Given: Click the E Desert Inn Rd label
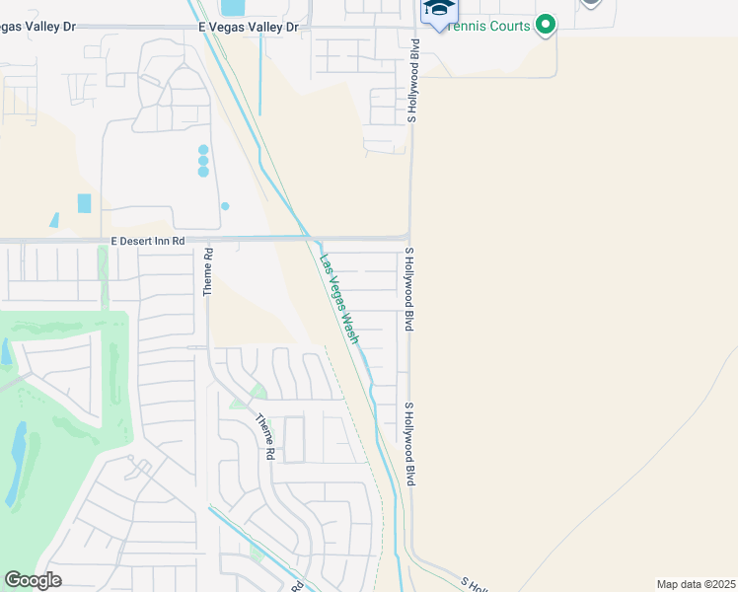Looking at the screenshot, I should [147, 241].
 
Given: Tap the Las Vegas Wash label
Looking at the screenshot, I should [338, 299].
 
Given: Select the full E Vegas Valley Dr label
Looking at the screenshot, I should [248, 28].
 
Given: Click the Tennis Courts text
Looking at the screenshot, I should [490, 26].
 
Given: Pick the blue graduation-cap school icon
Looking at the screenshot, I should [439, 10].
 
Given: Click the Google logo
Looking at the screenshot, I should [33, 579].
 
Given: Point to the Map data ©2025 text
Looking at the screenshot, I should [697, 583].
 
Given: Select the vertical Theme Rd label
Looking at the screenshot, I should [208, 271].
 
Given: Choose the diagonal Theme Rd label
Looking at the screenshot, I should [264, 436].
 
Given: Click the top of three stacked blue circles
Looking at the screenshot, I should [203, 150].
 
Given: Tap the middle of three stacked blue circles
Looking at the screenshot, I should [203, 161].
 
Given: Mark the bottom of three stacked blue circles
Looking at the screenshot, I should [203, 172].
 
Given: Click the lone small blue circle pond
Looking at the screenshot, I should [225, 206].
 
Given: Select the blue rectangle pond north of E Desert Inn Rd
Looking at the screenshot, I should [84, 203].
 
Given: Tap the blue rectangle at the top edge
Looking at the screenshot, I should [232, 7].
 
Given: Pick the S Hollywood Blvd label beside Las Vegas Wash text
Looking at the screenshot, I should [406, 289].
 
